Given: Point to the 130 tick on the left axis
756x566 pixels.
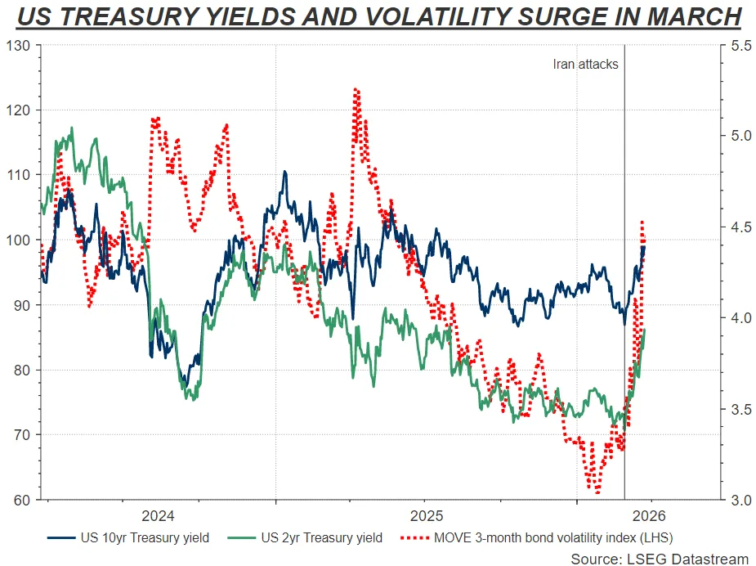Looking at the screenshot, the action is pyautogui.click(x=17, y=45).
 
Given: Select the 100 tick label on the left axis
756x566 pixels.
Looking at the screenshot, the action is pyautogui.click(x=17, y=240).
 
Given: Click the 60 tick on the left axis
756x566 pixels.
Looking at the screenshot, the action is pyautogui.click(x=20, y=500).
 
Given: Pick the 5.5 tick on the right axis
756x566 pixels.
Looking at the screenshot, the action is pyautogui.click(x=741, y=45).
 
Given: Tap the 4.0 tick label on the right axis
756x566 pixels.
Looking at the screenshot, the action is pyautogui.click(x=741, y=317).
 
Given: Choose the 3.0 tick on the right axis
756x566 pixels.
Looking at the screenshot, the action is pyautogui.click(x=741, y=500).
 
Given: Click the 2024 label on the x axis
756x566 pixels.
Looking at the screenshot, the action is pyautogui.click(x=158, y=516).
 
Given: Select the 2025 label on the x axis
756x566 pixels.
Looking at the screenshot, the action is pyautogui.click(x=426, y=516).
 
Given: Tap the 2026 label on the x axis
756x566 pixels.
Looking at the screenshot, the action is pyautogui.click(x=649, y=516).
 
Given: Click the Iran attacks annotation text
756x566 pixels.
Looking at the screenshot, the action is pyautogui.click(x=585, y=64).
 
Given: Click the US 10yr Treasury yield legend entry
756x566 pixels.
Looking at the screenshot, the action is pyautogui.click(x=128, y=537).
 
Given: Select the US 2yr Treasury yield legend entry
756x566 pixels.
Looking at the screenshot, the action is pyautogui.click(x=305, y=537).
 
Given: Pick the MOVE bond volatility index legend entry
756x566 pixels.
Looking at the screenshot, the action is pyautogui.click(x=537, y=537).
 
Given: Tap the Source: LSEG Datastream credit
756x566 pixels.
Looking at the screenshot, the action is pyautogui.click(x=660, y=559).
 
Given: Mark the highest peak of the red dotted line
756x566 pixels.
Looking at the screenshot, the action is pyautogui.click(x=356, y=89).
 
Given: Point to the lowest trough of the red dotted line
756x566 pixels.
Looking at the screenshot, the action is pyautogui.click(x=598, y=492).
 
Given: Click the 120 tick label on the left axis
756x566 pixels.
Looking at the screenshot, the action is pyautogui.click(x=17, y=110).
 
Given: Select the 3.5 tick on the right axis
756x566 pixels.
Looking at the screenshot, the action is pyautogui.click(x=741, y=409).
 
